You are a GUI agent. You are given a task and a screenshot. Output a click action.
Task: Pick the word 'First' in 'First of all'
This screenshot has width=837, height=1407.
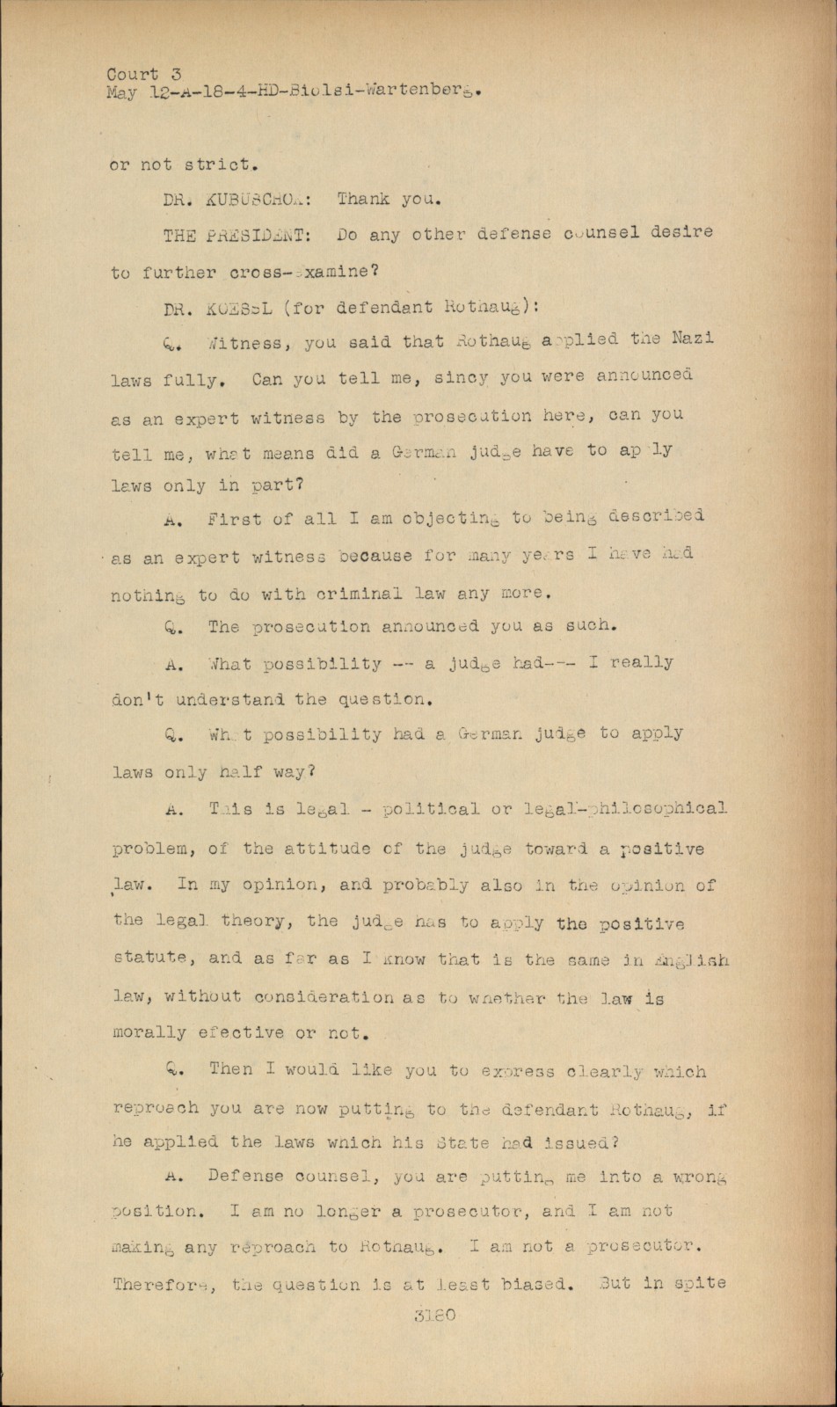click(x=235, y=520)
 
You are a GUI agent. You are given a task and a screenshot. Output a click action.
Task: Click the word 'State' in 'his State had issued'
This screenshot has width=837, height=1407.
click(x=462, y=1142)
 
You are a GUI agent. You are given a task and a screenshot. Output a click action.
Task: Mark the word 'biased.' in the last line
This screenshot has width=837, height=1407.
click(x=516, y=1284)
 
